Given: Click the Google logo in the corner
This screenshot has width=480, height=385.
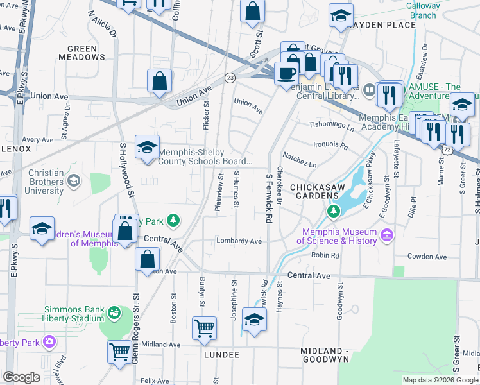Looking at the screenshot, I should click(21, 377).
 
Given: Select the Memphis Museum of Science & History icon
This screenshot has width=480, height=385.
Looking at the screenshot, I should click(386, 236).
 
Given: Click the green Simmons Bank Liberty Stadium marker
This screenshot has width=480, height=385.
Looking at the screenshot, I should click(114, 313).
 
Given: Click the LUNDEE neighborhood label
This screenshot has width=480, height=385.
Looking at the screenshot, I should click(221, 355).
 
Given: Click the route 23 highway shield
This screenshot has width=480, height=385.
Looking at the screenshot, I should click(229, 77).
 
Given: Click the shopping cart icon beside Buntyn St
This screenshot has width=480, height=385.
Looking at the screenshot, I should click(204, 328).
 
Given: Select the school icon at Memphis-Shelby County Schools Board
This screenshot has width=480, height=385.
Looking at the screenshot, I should click(147, 147).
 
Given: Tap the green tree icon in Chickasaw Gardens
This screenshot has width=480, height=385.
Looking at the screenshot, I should click(333, 210).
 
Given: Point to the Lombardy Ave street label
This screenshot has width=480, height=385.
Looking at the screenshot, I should click(239, 241).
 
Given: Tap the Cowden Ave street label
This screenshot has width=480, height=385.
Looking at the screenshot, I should click(428, 256).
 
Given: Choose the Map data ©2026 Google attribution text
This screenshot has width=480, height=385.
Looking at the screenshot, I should click(440, 379).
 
